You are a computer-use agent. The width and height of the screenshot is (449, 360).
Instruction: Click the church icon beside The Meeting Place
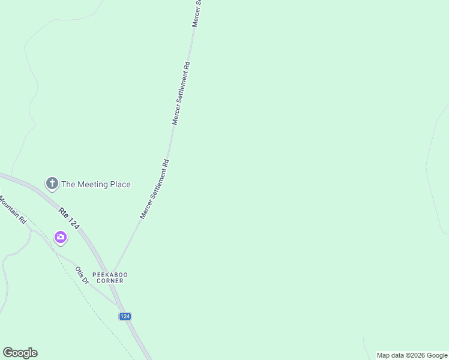click(x=52, y=184)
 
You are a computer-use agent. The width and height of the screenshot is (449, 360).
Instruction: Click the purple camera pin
click(x=61, y=238)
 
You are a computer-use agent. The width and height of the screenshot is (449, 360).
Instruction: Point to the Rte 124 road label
click(x=69, y=219)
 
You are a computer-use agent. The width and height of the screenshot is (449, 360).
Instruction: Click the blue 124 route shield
click(x=125, y=316)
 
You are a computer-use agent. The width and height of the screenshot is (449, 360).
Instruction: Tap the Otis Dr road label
click(x=82, y=275)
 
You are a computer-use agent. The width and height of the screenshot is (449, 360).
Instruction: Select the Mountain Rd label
click(x=13, y=211)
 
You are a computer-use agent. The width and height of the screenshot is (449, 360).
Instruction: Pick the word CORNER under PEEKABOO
click(x=110, y=281)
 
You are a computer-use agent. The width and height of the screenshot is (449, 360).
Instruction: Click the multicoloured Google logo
click(x=20, y=353)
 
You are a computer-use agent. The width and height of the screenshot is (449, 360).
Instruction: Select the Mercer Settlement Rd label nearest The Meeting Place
click(x=154, y=189)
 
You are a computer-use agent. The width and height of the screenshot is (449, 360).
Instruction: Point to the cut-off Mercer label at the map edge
click(x=196, y=13)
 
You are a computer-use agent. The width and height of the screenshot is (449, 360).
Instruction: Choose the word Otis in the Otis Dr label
click(x=79, y=271)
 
